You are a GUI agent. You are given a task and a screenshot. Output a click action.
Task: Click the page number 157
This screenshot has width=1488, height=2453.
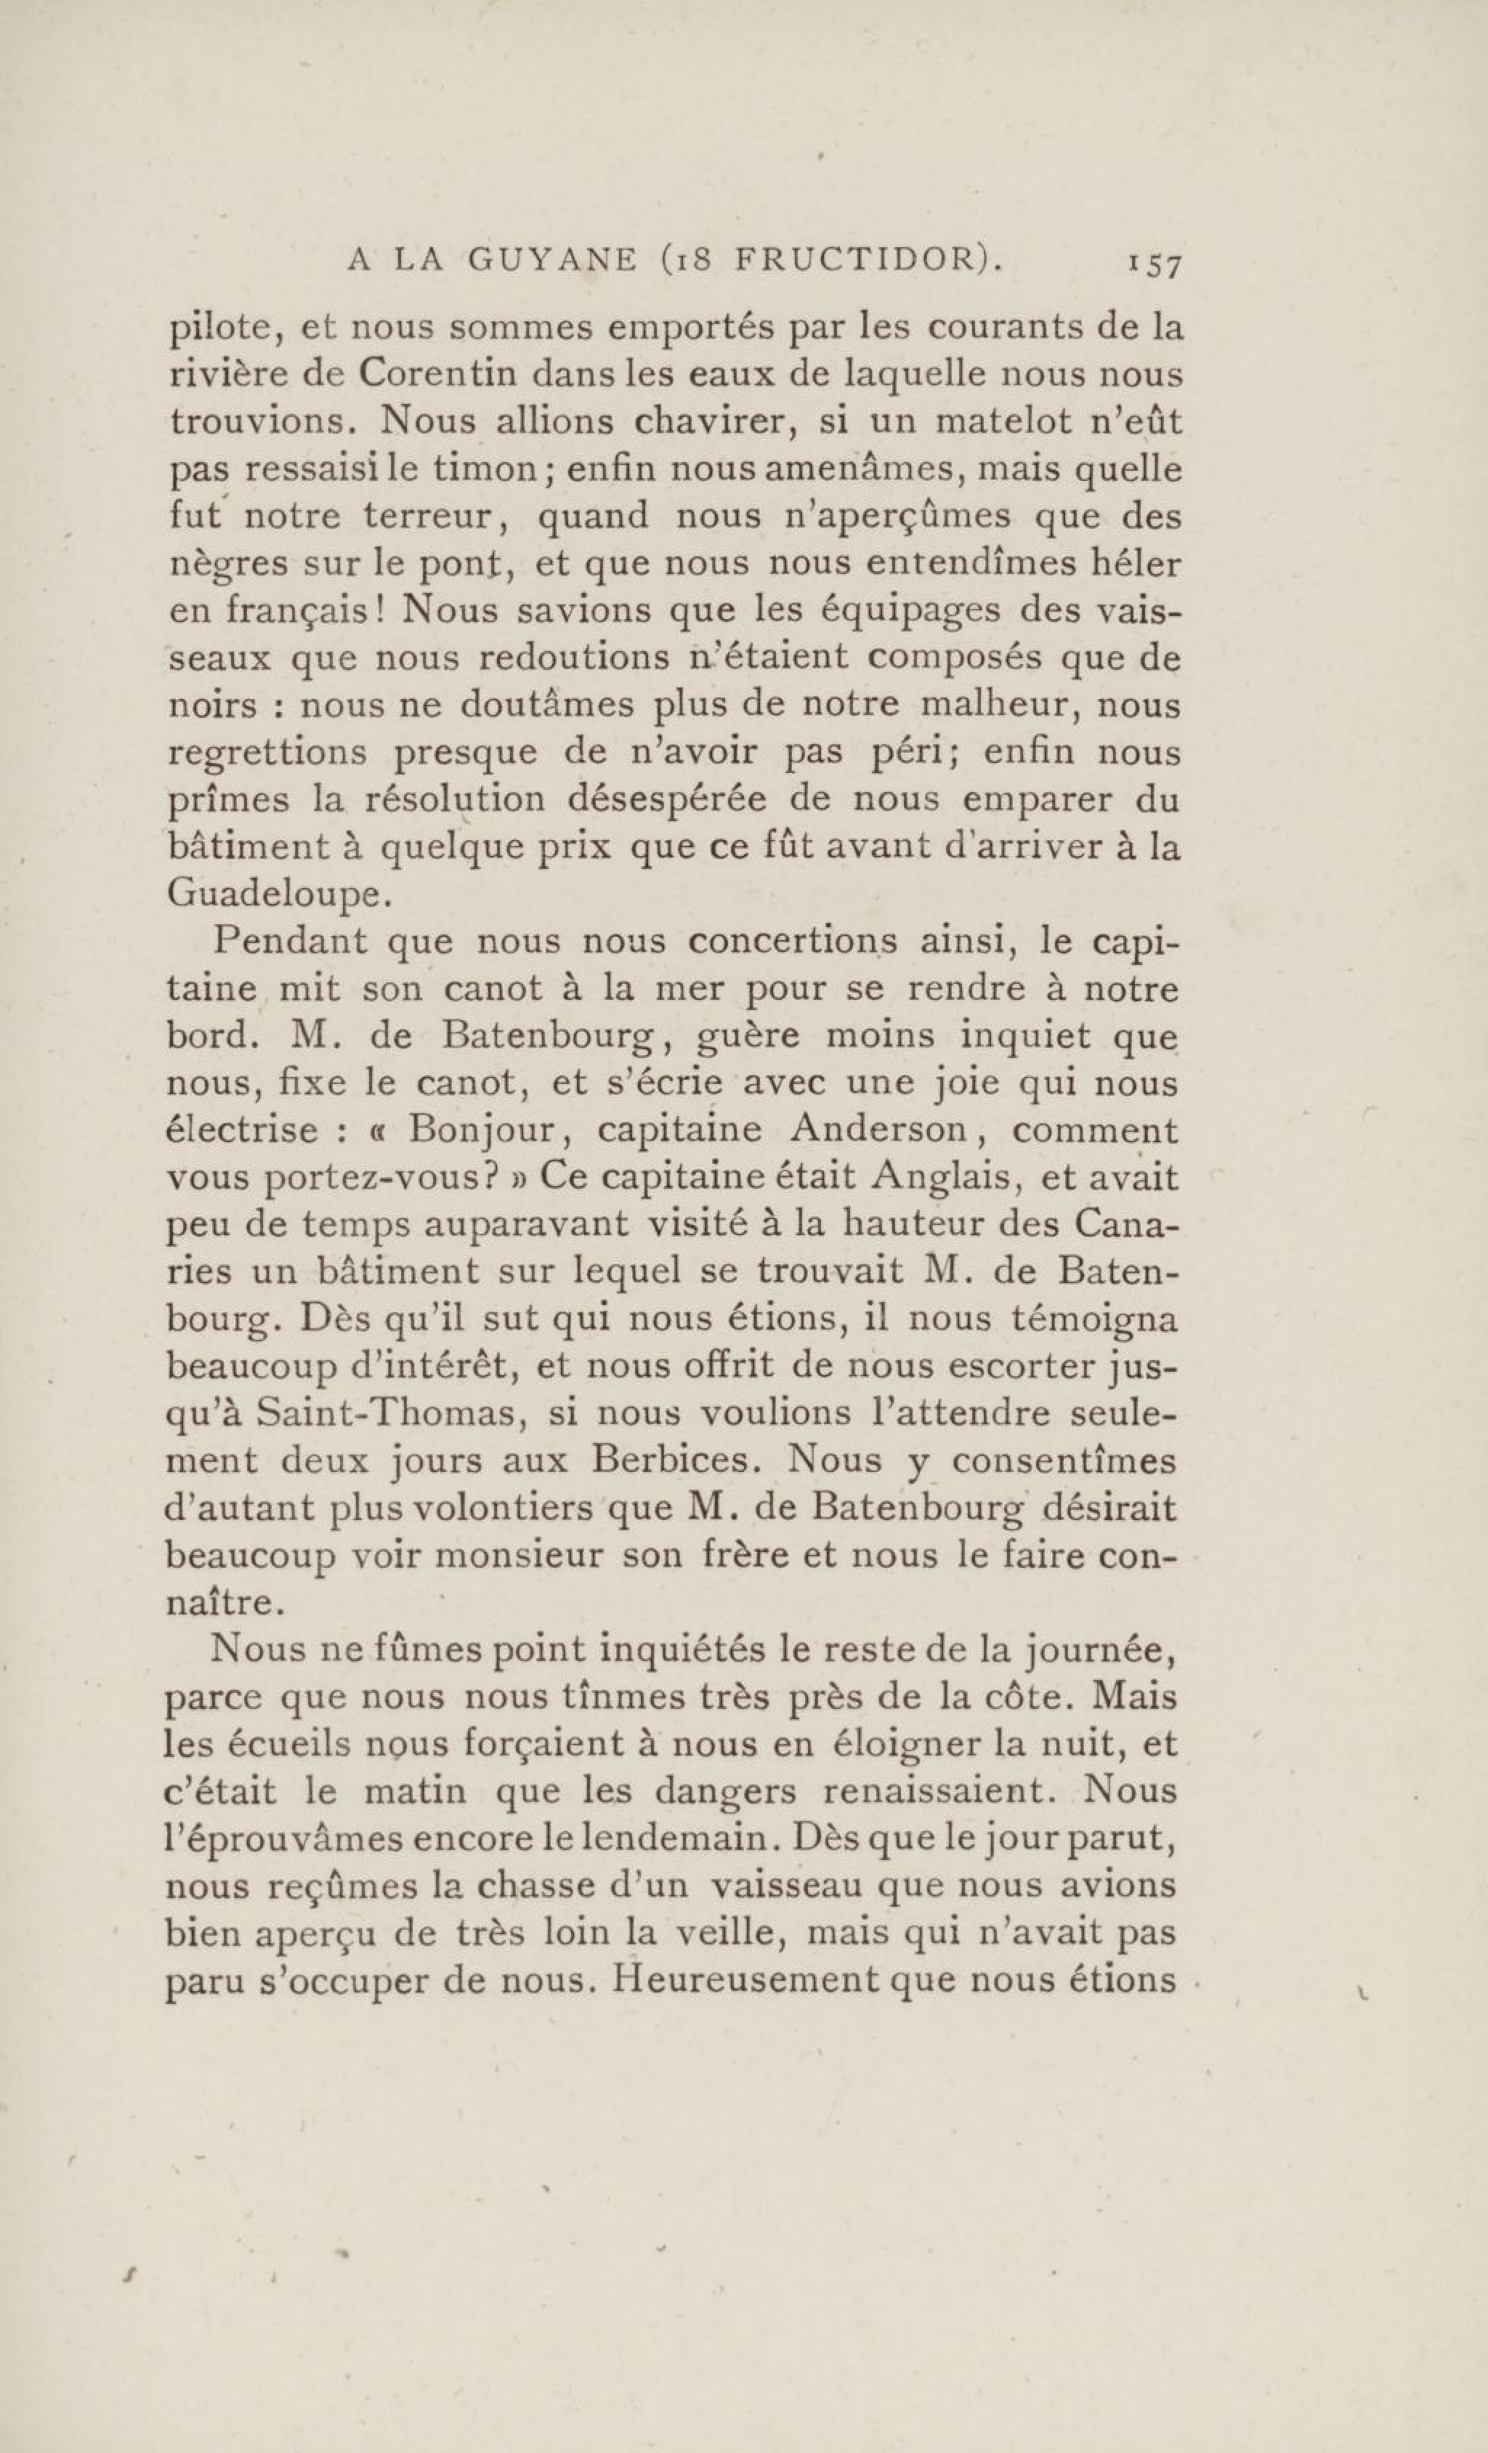[x=1152, y=266]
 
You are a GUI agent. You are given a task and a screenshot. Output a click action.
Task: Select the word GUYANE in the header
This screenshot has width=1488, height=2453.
[x=552, y=261]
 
